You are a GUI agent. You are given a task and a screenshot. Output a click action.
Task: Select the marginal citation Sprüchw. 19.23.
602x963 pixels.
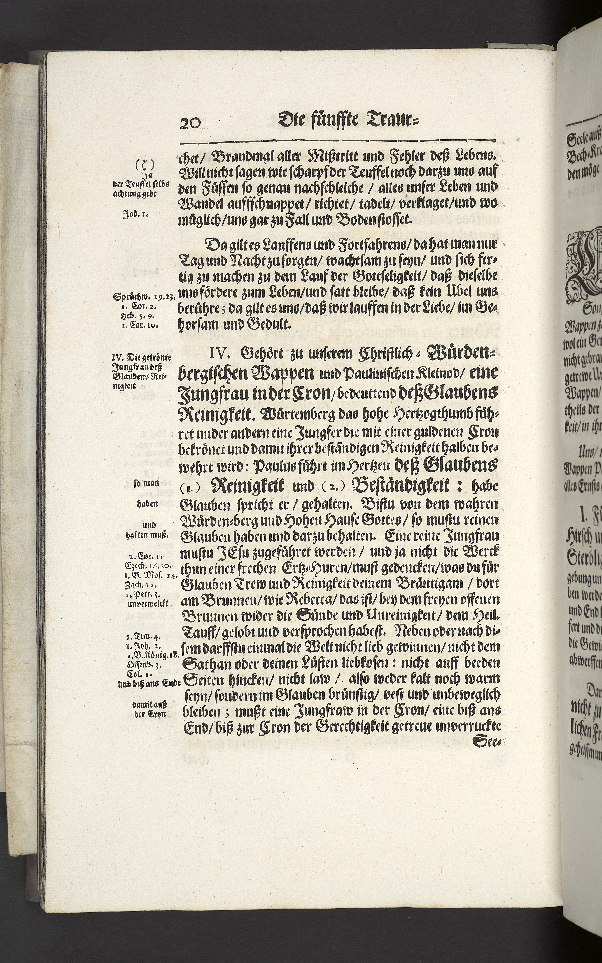click(143, 296)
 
